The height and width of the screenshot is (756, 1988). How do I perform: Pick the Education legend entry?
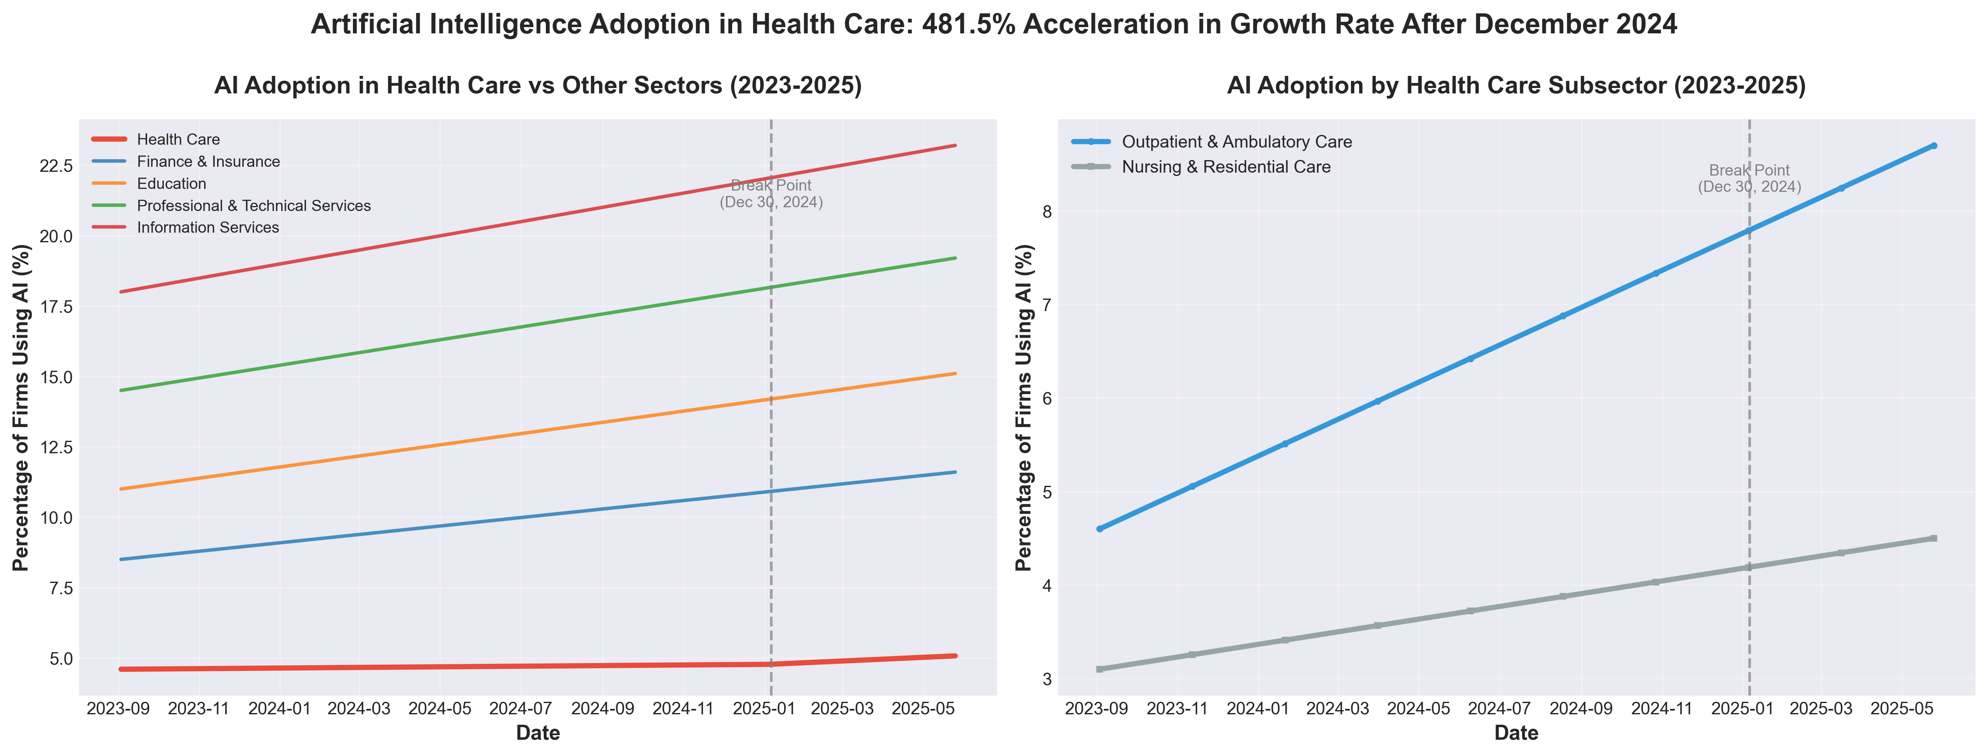[x=171, y=184]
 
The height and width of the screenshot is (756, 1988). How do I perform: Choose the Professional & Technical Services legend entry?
[x=253, y=206]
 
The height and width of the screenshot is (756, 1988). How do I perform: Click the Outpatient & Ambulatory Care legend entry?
[x=1236, y=142]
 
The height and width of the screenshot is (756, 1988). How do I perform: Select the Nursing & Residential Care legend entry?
[x=1225, y=167]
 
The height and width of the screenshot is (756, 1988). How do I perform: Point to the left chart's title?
[x=538, y=86]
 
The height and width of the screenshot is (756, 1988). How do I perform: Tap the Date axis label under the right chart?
[x=1516, y=733]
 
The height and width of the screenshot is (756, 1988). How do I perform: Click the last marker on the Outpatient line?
[x=1933, y=145]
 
